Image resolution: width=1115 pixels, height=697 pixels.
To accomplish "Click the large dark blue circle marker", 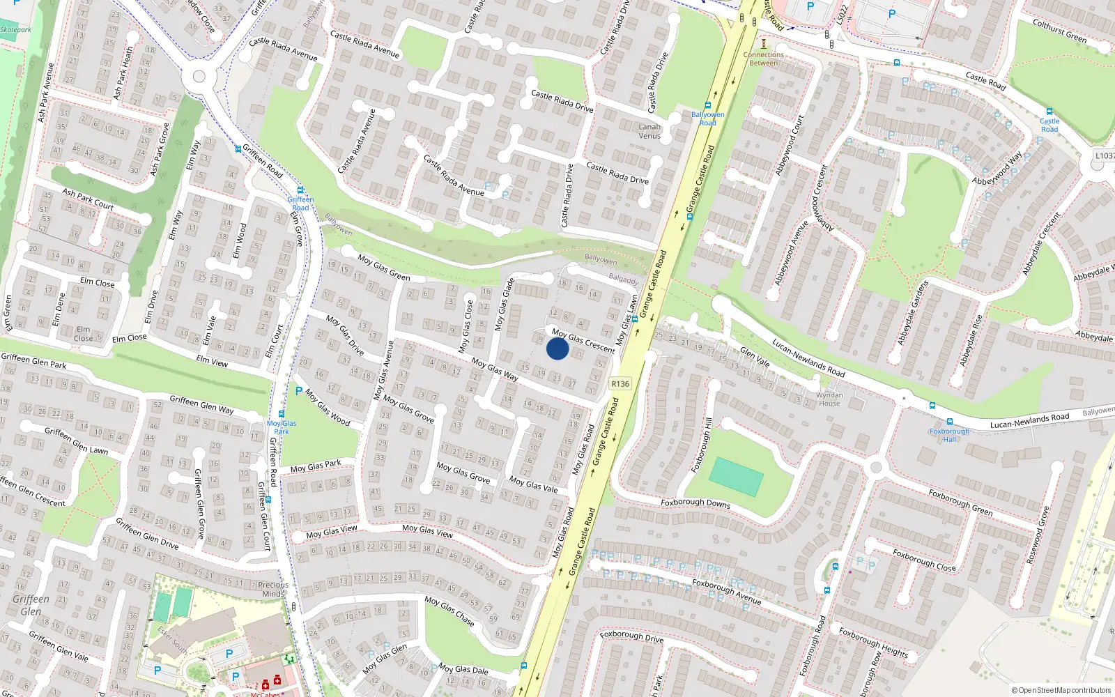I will coord(557,348).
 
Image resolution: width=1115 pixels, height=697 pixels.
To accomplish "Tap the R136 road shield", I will coord(620,383).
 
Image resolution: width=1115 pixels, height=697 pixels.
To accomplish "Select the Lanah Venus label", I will coord(649,131).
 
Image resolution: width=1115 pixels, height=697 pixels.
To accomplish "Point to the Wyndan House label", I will coord(829,399).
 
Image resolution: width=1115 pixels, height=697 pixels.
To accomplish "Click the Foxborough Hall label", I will coord(949,435).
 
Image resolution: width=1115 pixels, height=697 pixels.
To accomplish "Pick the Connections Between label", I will coord(763,59).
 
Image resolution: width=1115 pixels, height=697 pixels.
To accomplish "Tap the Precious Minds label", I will coord(273,590).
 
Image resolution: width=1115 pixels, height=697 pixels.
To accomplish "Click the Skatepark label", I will coord(15,29).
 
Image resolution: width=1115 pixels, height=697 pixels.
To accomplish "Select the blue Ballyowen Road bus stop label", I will coord(707,118).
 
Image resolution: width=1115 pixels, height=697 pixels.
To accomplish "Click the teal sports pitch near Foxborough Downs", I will coord(736,477).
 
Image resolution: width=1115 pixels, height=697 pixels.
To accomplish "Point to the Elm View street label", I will coord(212,361).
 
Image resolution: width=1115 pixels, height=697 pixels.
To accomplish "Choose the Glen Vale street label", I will coord(755,357).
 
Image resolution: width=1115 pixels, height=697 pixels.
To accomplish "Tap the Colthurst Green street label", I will coord(1059,31).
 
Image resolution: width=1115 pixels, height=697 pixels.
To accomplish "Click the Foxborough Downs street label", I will coord(695,503).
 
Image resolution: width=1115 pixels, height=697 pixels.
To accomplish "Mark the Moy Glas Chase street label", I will coord(449,611).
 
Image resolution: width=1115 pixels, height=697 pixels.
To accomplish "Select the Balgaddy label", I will coord(623,279).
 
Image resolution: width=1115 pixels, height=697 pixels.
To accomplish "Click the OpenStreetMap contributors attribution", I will coord(1061,690).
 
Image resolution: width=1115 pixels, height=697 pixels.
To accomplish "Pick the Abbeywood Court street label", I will coord(789,145).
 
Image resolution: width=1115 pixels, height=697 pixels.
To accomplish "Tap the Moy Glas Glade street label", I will coord(504,305).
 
